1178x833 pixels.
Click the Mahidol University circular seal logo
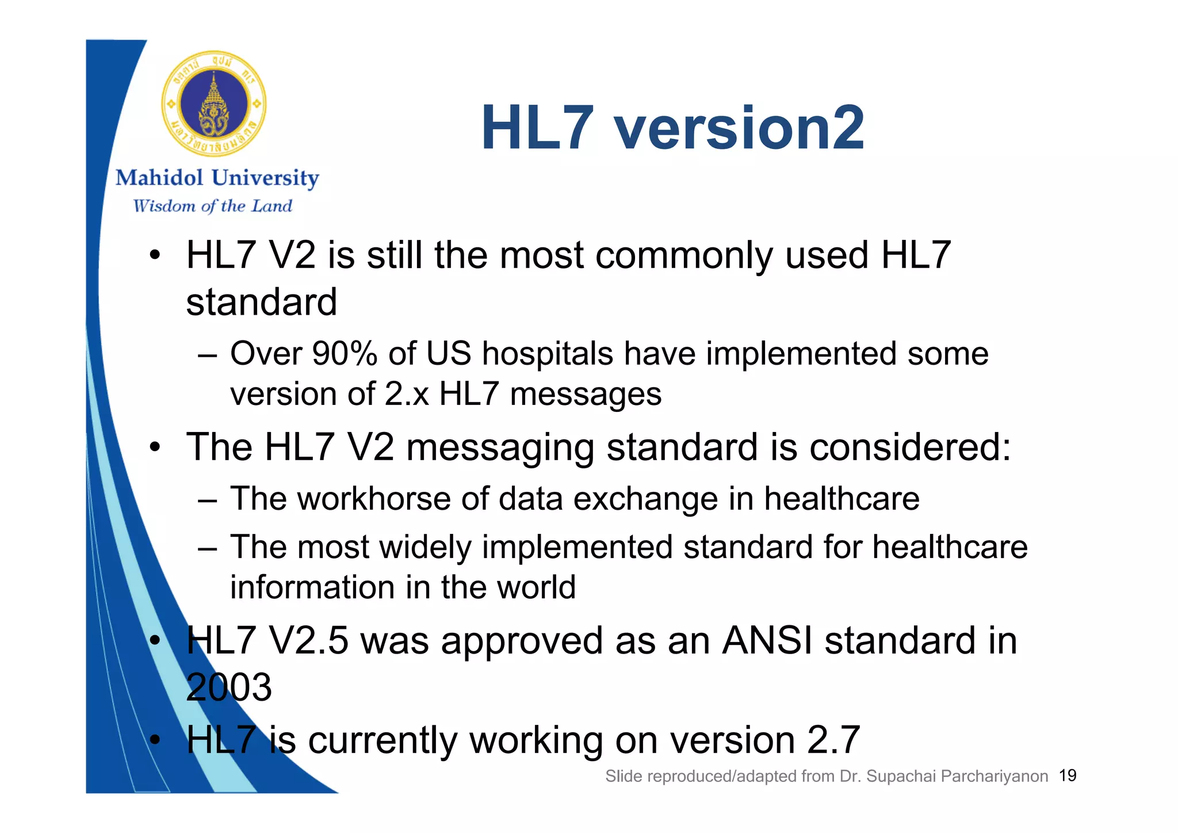pos(213,104)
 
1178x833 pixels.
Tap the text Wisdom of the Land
pos(212,206)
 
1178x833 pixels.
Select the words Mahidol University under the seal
pos(217,178)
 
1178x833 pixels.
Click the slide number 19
pos(1068,775)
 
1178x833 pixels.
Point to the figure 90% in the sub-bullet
pos(344,353)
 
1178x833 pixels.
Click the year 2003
pos(228,687)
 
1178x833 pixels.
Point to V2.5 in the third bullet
pos(308,640)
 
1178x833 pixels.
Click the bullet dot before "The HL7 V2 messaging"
pos(154,447)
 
